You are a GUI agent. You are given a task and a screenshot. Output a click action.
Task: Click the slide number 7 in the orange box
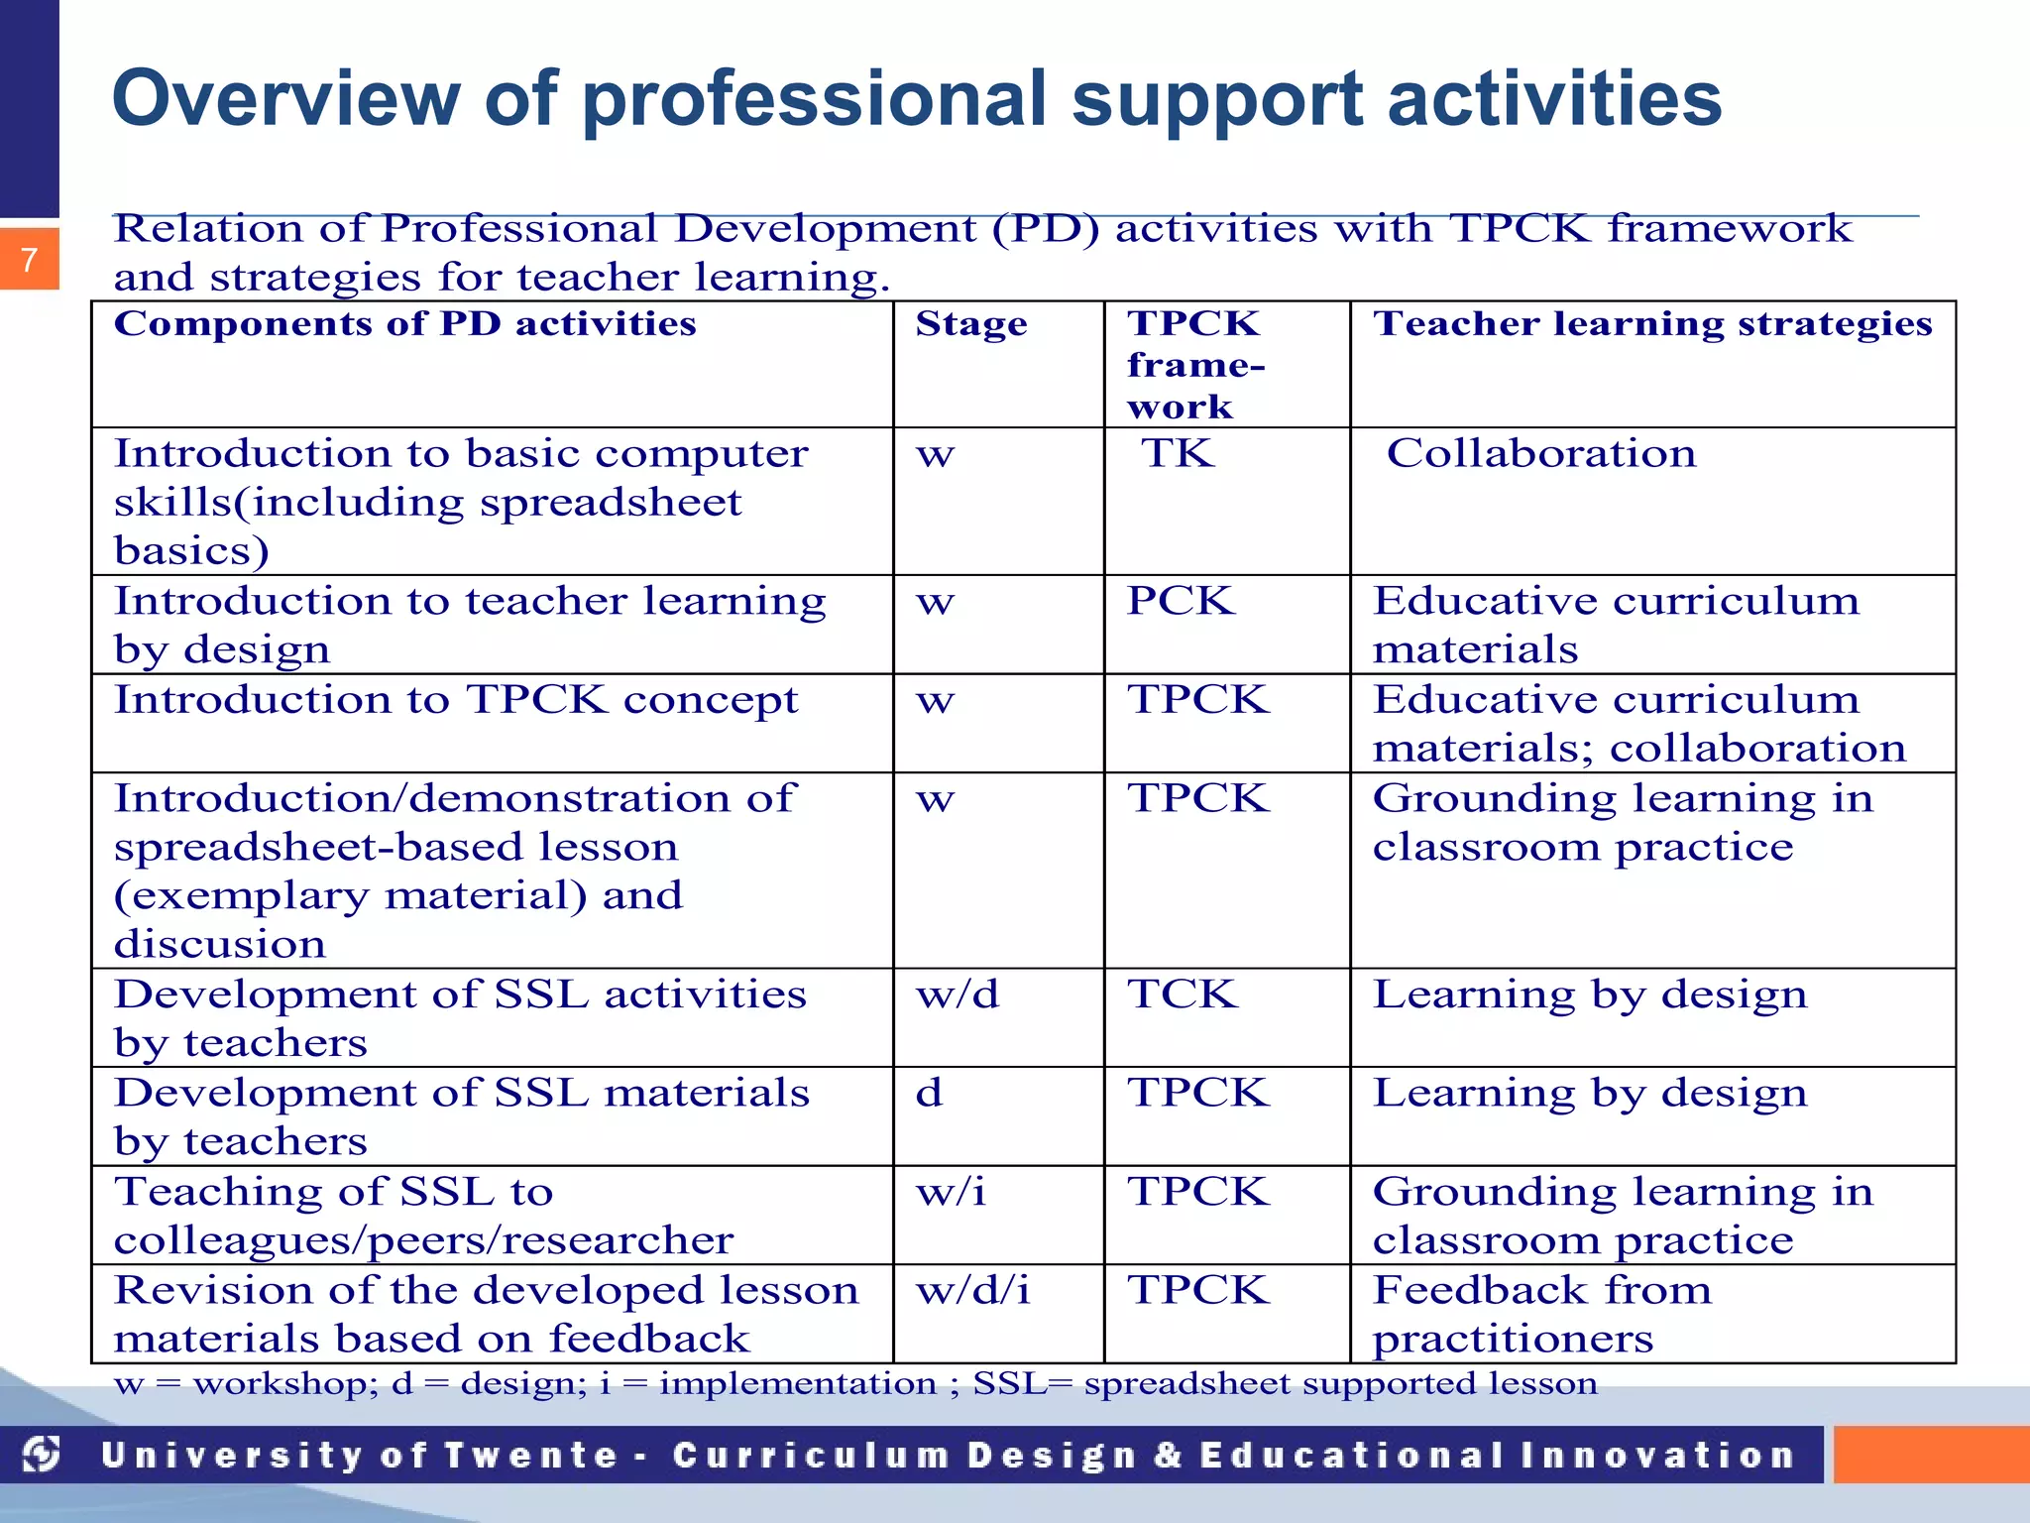tap(30, 260)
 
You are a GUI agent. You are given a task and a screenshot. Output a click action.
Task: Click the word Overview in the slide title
tap(286, 99)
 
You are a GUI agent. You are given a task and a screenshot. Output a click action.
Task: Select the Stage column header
tap(970, 324)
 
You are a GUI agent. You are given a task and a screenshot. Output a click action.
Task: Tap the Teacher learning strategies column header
tap(1652, 324)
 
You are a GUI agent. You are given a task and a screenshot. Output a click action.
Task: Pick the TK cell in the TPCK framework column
tap(1178, 454)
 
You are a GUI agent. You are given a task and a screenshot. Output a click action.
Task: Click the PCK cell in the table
tap(1181, 601)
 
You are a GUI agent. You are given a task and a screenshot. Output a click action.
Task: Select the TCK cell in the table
tap(1183, 994)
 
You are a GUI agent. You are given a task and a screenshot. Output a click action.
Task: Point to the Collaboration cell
tap(1541, 454)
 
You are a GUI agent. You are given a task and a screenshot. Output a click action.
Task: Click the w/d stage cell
tap(958, 994)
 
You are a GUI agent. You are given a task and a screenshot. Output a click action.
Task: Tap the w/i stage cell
tap(952, 1191)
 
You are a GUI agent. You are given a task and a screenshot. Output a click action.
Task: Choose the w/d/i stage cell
tap(972, 1289)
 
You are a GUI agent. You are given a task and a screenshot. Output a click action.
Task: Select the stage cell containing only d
tap(929, 1093)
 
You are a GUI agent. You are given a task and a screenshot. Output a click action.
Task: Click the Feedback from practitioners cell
tap(1541, 1314)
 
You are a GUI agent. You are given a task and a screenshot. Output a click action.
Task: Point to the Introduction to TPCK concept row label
tap(456, 700)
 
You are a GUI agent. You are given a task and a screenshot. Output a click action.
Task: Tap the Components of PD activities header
tap(404, 324)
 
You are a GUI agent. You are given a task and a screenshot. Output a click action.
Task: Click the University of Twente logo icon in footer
tap(42, 1455)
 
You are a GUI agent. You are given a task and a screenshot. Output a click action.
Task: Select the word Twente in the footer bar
tap(530, 1456)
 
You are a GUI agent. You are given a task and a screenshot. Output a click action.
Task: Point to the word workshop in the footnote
tap(285, 1383)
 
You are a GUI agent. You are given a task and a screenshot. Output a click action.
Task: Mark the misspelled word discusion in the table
tap(220, 944)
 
